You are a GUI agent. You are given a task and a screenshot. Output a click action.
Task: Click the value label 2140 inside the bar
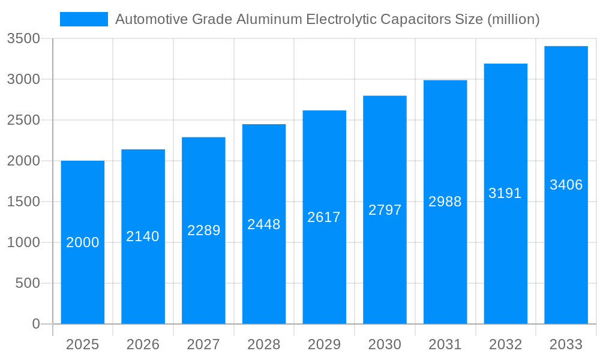(x=143, y=236)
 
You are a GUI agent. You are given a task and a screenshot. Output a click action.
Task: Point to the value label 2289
(x=204, y=230)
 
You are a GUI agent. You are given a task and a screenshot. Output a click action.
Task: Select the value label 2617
(x=324, y=217)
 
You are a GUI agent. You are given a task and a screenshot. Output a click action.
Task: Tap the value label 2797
(x=385, y=210)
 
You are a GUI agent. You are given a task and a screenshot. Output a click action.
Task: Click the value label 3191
(x=505, y=193)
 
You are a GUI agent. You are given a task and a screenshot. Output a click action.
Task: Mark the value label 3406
(x=566, y=185)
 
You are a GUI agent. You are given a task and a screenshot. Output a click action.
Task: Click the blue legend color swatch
(x=84, y=19)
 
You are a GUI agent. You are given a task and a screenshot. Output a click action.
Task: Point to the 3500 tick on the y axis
(x=23, y=39)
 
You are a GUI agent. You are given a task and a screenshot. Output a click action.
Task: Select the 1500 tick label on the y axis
(x=23, y=202)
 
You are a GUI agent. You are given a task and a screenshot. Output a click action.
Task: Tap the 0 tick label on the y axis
(x=35, y=324)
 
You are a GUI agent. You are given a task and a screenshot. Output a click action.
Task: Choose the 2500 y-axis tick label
(x=23, y=121)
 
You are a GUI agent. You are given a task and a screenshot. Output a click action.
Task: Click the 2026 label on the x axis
(x=143, y=344)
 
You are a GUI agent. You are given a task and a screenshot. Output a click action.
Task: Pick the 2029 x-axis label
(x=324, y=344)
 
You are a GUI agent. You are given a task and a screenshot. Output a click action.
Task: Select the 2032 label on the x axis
(x=505, y=344)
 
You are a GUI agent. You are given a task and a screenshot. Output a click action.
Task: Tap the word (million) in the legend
(x=514, y=19)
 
